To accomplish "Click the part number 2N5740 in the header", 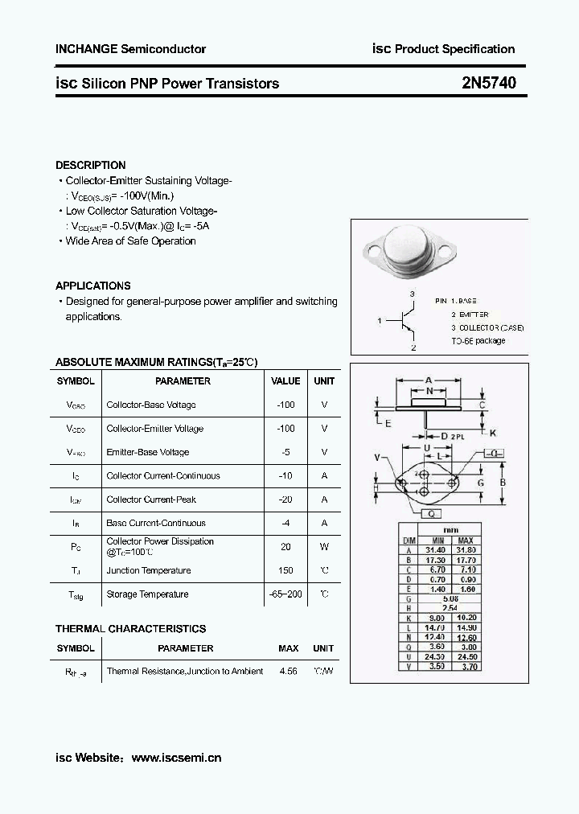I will point(490,83).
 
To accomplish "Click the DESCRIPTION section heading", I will point(90,165).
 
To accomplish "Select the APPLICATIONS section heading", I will point(92,286).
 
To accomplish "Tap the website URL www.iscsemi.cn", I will point(175,757).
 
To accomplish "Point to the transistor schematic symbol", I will point(404,321).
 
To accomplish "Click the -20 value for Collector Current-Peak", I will point(285,499).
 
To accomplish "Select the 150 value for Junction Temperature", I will point(285,570).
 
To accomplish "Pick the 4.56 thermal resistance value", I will point(287,671).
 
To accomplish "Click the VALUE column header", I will point(285,381).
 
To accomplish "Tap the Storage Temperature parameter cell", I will point(147,594).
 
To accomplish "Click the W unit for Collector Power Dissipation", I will point(324,547).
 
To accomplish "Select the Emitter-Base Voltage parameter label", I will point(147,452).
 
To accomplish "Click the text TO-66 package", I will point(478,341).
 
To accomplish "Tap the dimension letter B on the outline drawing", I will point(503,483).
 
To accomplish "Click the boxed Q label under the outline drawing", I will point(430,513).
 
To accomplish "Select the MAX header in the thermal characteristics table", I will point(288,648).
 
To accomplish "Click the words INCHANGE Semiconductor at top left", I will point(130,49).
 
